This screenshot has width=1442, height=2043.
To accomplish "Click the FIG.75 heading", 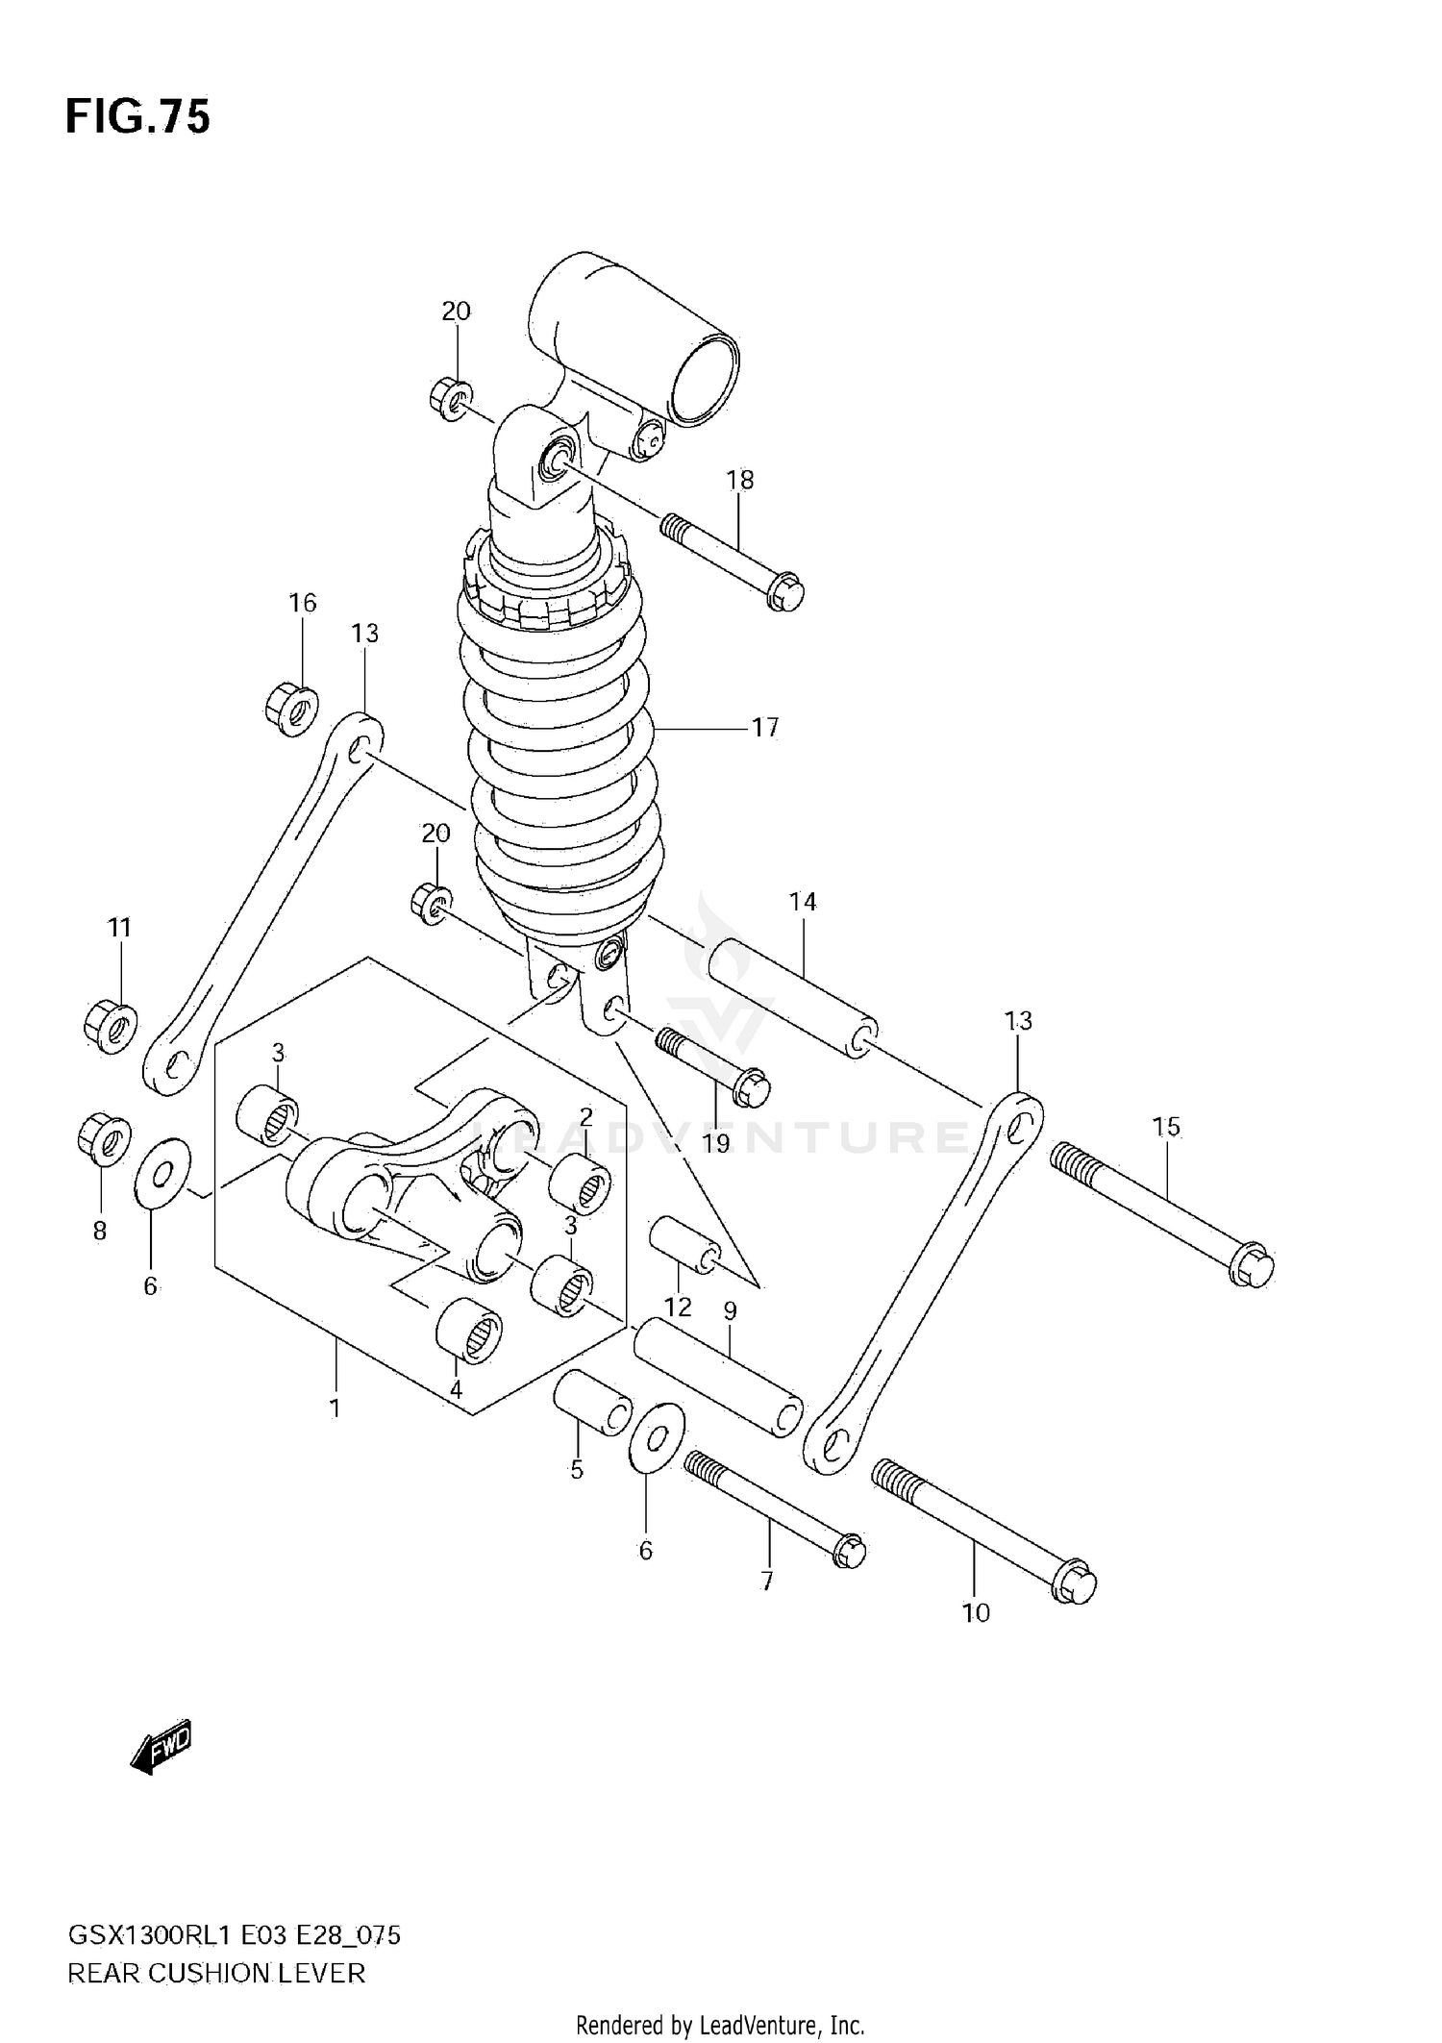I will tap(137, 117).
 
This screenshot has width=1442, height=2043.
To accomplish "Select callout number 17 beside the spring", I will tap(765, 728).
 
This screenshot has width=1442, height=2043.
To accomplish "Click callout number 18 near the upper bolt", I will tap(740, 480).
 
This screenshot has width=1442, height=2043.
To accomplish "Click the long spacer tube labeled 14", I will tap(792, 999).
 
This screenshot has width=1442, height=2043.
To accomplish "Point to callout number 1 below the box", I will tap(335, 1408).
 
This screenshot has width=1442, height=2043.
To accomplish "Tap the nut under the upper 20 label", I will tap(449, 399).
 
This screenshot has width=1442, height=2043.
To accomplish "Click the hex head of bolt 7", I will tap(849, 1552).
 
